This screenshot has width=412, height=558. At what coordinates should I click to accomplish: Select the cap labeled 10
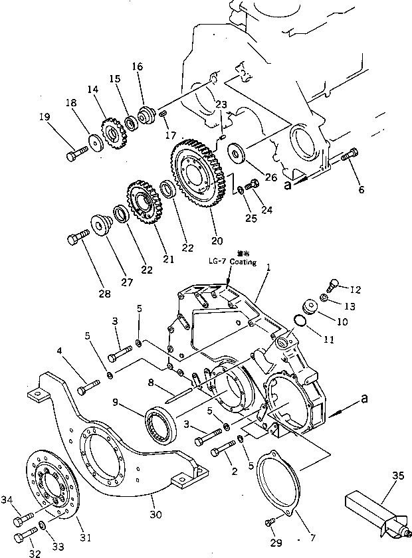(310, 308)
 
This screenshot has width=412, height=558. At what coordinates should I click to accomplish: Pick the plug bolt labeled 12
(333, 284)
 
